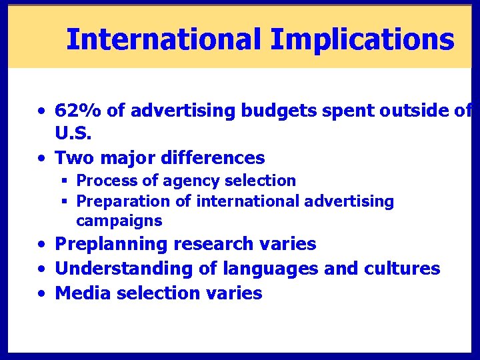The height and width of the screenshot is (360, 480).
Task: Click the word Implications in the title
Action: point(362,39)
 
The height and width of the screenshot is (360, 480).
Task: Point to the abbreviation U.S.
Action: point(73,134)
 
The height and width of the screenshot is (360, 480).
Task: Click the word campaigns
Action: point(119,221)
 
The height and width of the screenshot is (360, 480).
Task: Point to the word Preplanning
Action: point(109,245)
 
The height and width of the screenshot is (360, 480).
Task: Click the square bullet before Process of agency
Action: point(65,181)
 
